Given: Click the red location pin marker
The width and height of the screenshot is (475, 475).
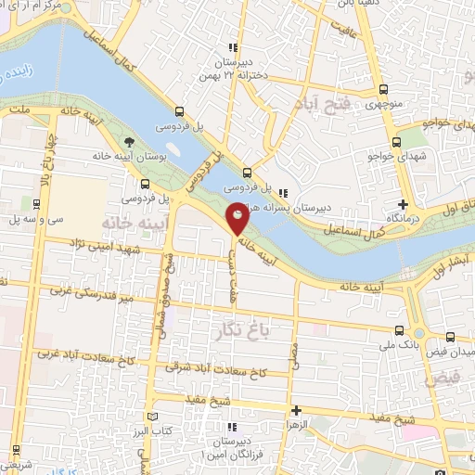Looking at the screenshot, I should pos(237,218).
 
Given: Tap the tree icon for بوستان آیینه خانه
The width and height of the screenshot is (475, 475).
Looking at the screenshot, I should pos(128,143).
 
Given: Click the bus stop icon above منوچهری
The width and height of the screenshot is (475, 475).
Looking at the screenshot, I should pos(386,91).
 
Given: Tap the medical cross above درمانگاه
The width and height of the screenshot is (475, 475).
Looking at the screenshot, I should pos(403,204).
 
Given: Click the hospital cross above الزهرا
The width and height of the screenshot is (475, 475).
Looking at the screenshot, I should pos(296,409).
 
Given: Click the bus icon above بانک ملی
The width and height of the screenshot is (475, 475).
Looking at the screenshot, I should pos(399,329).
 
